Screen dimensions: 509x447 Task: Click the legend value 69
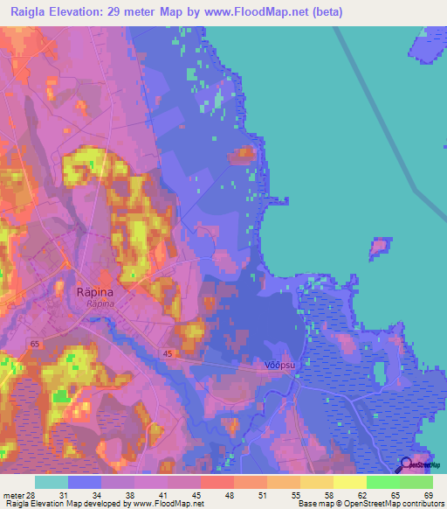pos(428,495)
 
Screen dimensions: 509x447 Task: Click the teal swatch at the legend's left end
pos(52,482)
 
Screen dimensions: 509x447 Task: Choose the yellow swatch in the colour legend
pos(349,482)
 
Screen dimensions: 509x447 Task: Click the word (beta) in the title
pos(326,12)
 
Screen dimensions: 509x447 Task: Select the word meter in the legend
pos(13,495)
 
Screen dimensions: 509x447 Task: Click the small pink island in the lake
pos(380,246)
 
